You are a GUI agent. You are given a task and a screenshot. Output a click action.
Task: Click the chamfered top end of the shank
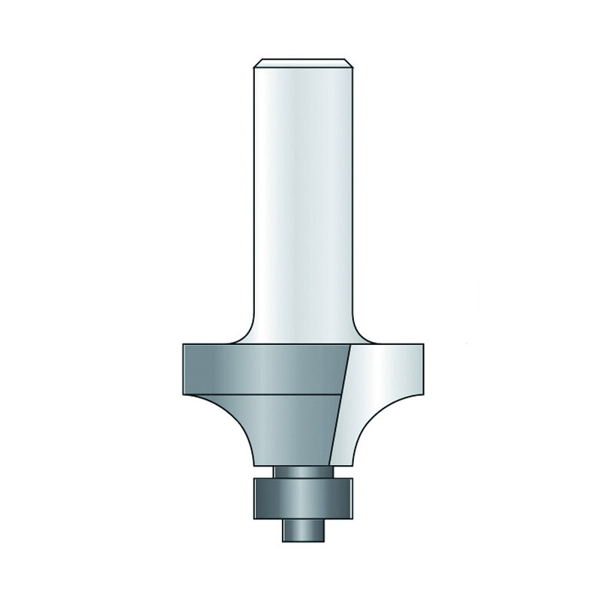click(x=303, y=63)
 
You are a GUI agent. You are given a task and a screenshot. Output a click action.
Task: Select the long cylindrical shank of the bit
click(x=303, y=202)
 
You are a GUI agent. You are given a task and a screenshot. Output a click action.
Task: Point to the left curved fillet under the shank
click(x=244, y=334)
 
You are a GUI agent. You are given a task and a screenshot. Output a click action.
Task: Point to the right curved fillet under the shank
click(x=363, y=334)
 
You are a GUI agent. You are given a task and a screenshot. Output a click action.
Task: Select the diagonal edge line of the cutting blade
click(x=343, y=405)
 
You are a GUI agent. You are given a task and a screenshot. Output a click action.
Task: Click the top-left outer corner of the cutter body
click(x=183, y=344)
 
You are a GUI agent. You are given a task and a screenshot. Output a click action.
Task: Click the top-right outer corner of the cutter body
click(x=424, y=344)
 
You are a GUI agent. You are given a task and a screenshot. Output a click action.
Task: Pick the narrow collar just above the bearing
click(x=303, y=470)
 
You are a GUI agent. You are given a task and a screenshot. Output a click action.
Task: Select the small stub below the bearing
click(x=303, y=528)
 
